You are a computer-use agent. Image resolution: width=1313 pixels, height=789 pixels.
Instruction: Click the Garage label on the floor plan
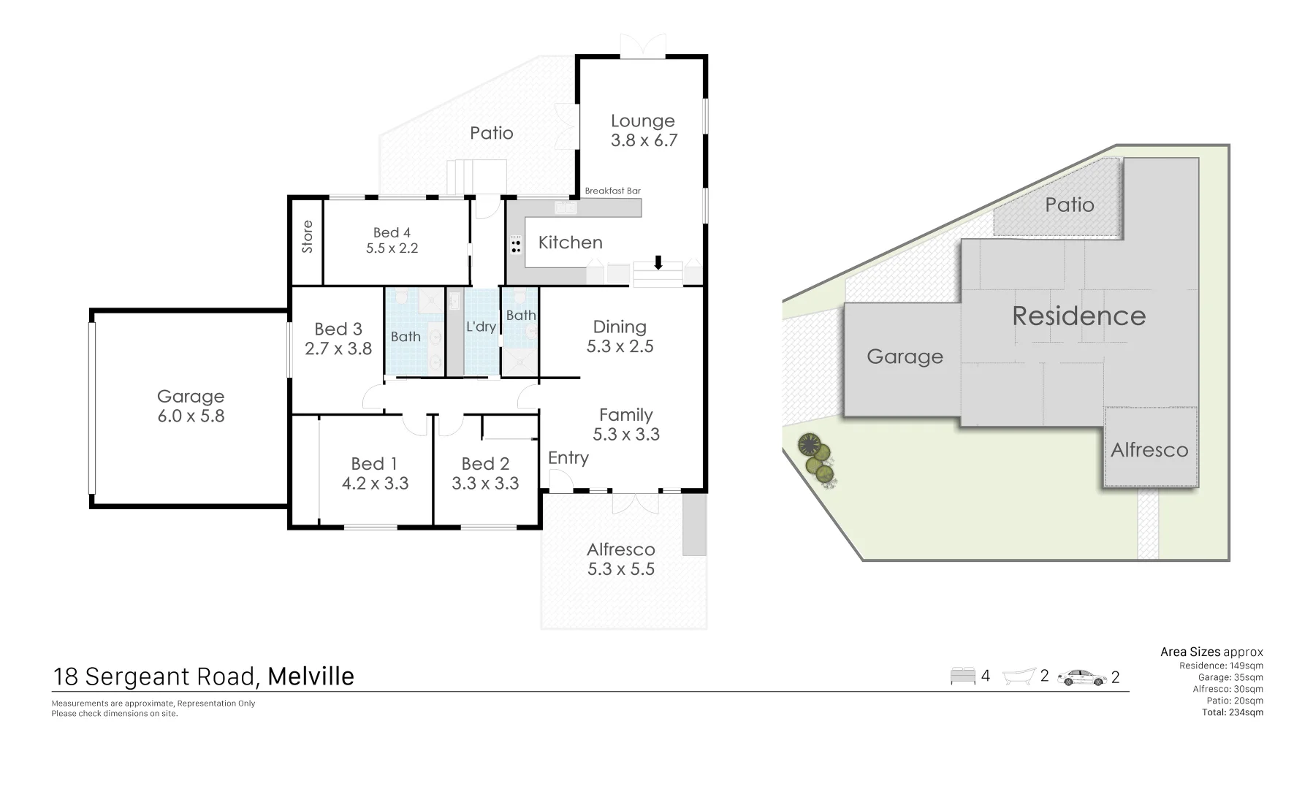[x=191, y=396]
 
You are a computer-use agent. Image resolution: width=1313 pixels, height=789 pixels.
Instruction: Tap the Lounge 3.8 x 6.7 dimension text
[x=644, y=140]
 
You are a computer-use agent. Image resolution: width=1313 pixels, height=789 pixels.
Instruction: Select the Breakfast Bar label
[x=612, y=191]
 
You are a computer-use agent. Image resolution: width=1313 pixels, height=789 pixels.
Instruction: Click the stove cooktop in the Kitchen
[x=517, y=245]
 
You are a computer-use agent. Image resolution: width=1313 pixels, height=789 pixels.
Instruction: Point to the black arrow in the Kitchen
[x=658, y=262]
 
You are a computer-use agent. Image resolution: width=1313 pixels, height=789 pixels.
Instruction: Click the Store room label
[x=308, y=237]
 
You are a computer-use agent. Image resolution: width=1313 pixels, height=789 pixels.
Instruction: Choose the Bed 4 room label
[x=392, y=232]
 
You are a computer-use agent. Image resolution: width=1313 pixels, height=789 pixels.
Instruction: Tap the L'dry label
[x=481, y=327]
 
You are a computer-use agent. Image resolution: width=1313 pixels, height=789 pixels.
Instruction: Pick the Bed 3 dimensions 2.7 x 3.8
[x=338, y=349]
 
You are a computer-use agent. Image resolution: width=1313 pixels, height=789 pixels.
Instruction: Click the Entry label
[x=568, y=457]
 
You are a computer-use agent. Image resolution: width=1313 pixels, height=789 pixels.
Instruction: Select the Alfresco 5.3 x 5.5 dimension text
[x=621, y=569]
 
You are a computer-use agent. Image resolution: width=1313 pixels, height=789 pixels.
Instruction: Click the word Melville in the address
[x=311, y=676]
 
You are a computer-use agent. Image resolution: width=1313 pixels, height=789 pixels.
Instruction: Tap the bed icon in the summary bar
[x=963, y=676]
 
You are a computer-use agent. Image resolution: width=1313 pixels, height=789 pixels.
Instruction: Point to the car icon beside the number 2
[x=1081, y=677]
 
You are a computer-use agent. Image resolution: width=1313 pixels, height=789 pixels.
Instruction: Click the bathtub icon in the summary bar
[x=1020, y=676]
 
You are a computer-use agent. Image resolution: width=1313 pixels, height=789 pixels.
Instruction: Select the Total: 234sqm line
[x=1232, y=712]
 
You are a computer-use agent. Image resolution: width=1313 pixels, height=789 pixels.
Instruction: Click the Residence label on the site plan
[x=1078, y=316]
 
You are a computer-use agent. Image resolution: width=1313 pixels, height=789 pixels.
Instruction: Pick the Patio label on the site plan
[x=1069, y=205]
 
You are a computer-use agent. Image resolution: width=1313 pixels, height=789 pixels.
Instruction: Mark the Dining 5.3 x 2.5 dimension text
[x=620, y=346]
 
